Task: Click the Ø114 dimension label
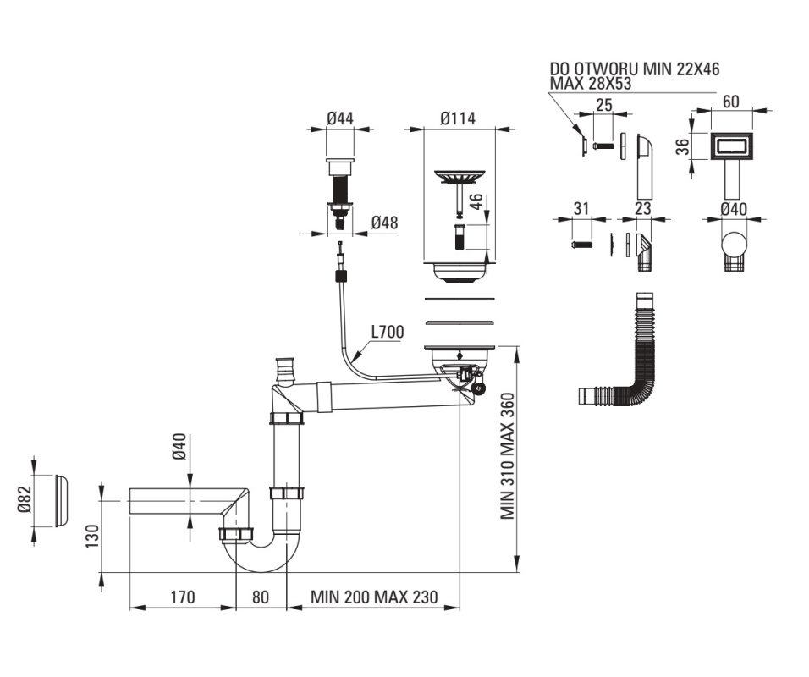click(x=458, y=118)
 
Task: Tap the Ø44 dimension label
click(x=340, y=118)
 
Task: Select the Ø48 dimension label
click(x=384, y=223)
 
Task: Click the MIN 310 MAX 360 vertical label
click(x=508, y=456)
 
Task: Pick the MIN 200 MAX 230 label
click(x=374, y=597)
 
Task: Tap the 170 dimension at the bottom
click(x=183, y=597)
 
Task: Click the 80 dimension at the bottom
click(x=261, y=597)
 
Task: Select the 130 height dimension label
click(x=92, y=537)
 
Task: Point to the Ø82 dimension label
click(x=25, y=500)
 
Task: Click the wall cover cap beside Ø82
click(x=61, y=500)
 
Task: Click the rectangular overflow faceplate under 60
click(x=733, y=146)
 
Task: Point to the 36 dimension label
click(x=683, y=147)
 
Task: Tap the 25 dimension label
click(x=603, y=105)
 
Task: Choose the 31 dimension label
click(x=581, y=209)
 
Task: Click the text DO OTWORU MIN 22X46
click(x=634, y=69)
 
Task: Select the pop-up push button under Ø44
click(x=340, y=195)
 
